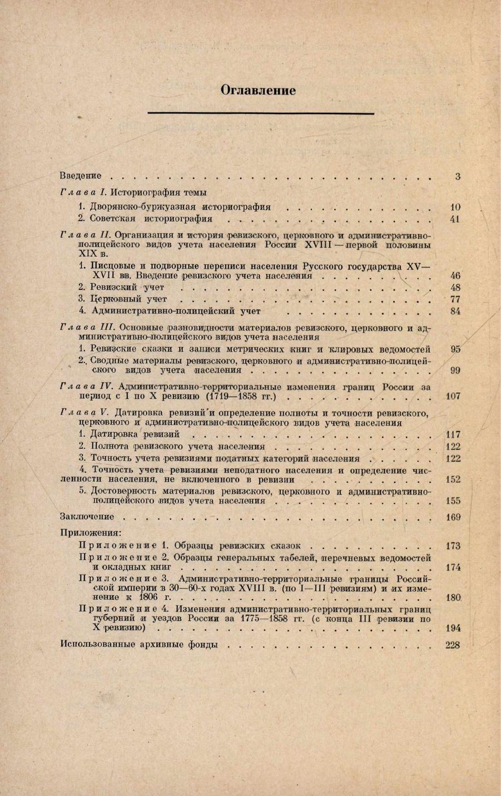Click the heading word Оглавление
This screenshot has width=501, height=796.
tap(258, 90)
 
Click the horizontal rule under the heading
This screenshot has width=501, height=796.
tap(260, 113)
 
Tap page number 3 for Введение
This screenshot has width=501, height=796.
tap(457, 176)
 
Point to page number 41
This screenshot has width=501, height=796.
tap(454, 219)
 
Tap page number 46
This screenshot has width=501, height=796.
tap(454, 275)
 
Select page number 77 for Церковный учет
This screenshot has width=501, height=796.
tap(454, 299)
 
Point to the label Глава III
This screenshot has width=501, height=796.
tap(87, 328)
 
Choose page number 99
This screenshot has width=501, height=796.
tap(454, 370)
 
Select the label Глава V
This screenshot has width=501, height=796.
tap(85, 412)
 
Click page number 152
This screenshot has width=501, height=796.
tap(453, 479)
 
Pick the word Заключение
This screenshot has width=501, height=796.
tap(87, 517)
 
